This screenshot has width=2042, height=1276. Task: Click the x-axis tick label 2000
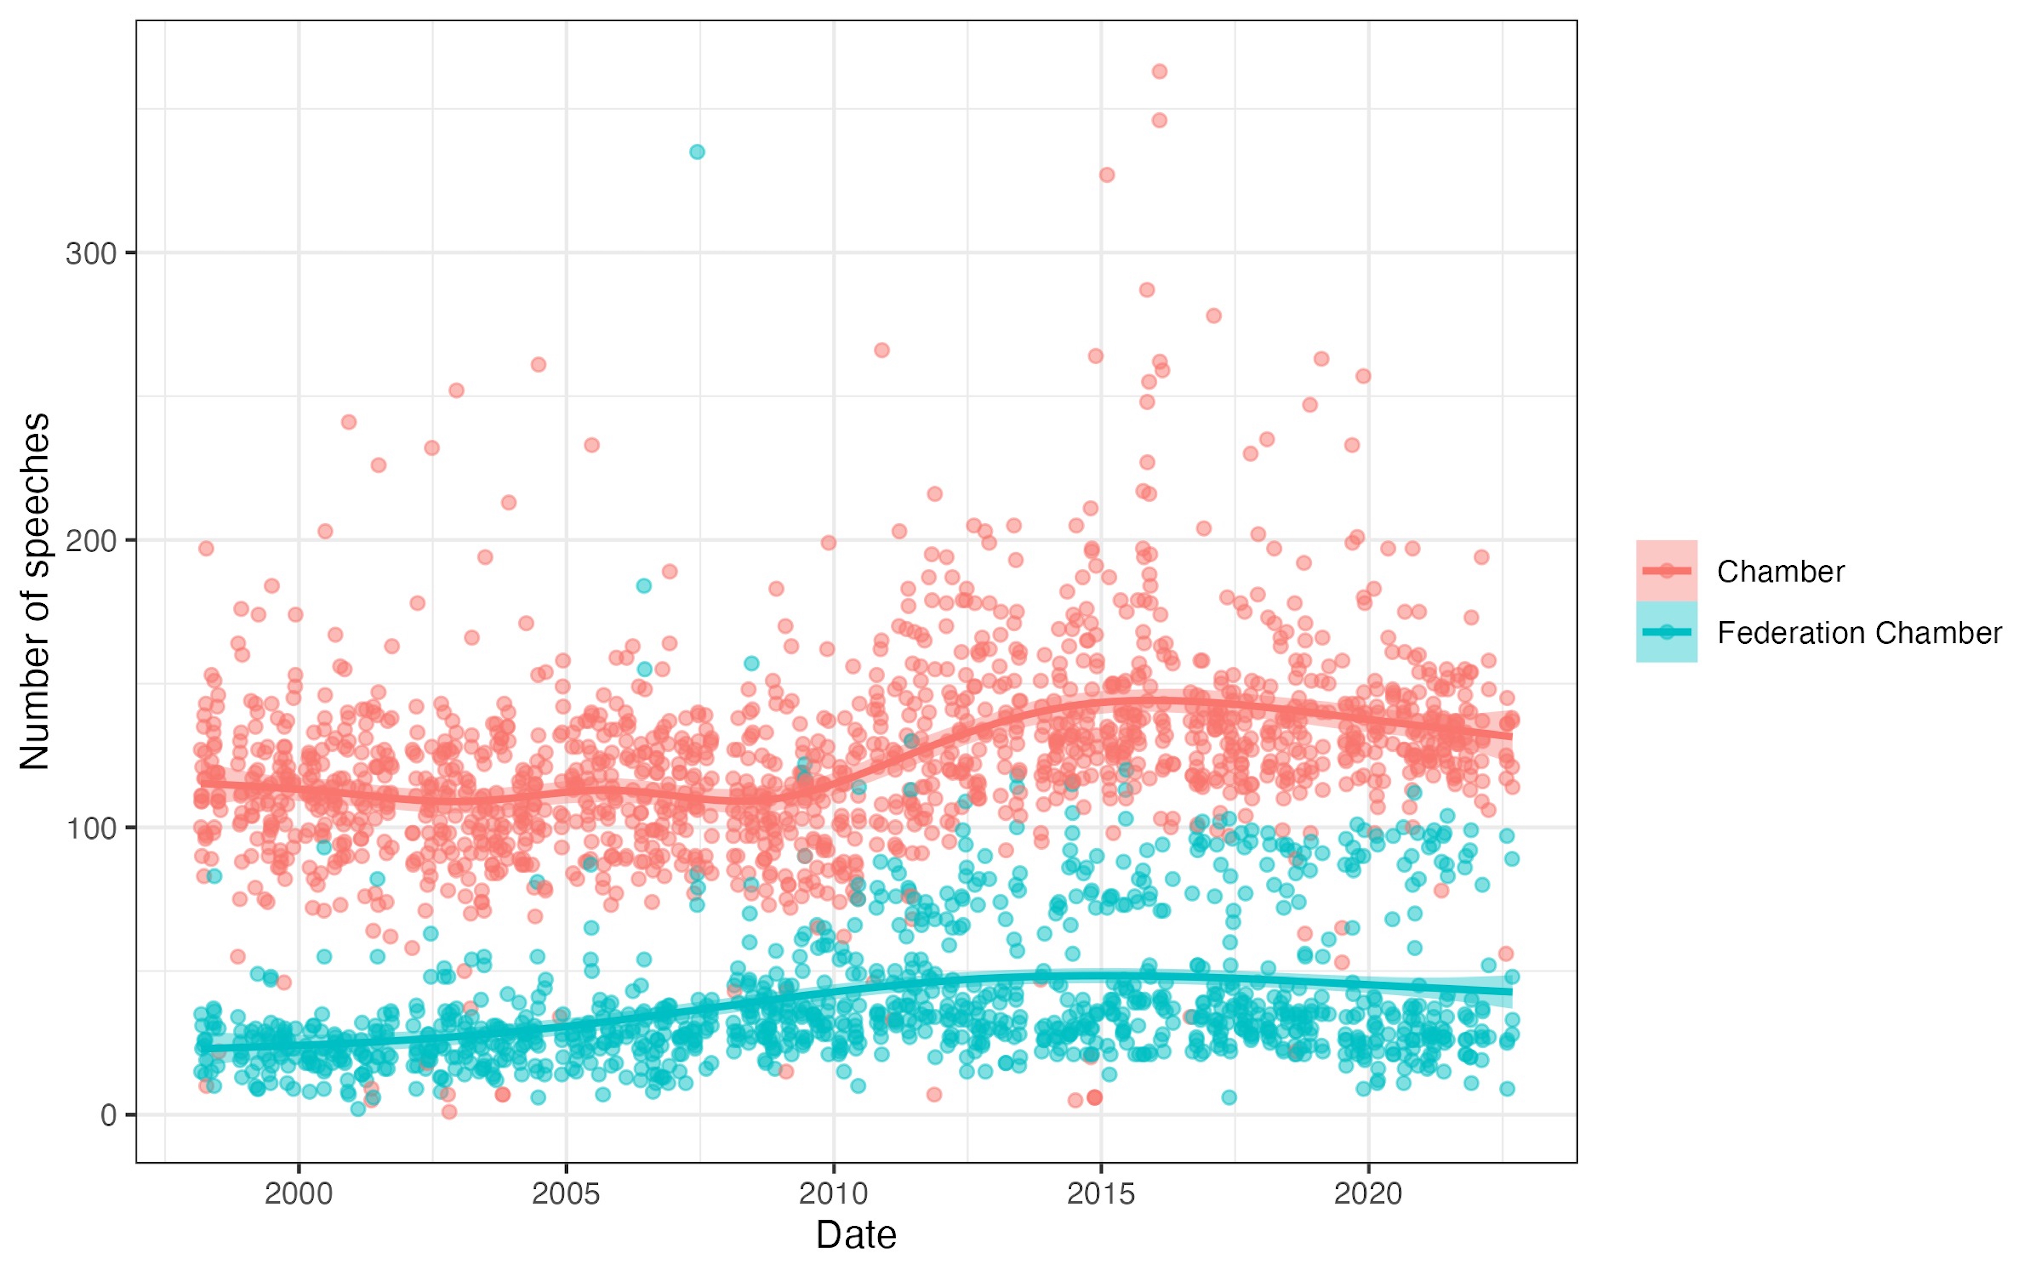point(299,1194)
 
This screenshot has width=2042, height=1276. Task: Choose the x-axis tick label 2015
point(1100,1194)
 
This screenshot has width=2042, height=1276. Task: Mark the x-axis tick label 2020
point(1368,1194)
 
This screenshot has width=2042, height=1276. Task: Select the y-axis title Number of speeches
point(36,591)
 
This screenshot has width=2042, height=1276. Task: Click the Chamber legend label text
point(1780,571)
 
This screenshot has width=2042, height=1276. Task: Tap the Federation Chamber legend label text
point(1859,633)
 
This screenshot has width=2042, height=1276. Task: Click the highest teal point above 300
point(697,152)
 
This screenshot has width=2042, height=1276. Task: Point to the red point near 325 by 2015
point(1106,175)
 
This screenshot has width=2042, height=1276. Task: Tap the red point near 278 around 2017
point(1213,316)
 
